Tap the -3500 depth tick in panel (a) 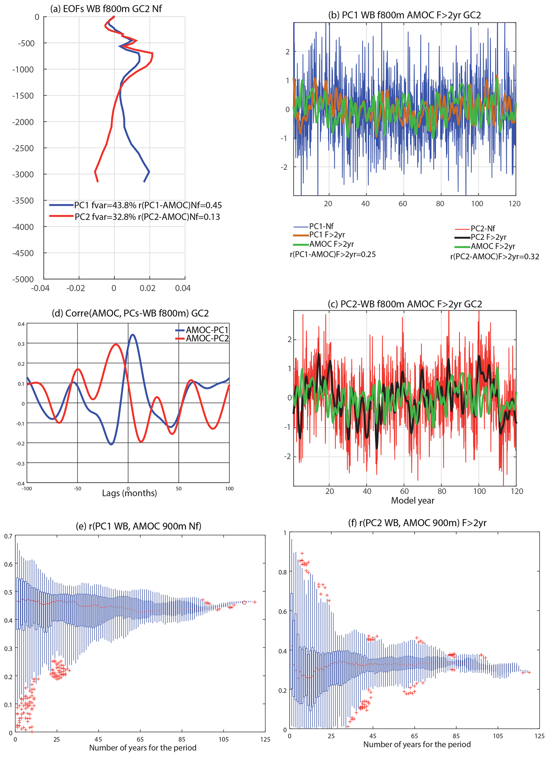[23, 201]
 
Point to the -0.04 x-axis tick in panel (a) [40, 288]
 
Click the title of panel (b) [404, 15]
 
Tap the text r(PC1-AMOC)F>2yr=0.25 [333, 254]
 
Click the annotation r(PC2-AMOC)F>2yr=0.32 [495, 256]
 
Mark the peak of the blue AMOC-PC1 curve [133, 334]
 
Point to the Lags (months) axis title [129, 493]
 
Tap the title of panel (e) [138, 526]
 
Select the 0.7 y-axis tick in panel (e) [8, 536]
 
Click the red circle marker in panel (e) [244, 602]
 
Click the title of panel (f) [417, 523]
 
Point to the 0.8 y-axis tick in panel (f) [282, 572]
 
